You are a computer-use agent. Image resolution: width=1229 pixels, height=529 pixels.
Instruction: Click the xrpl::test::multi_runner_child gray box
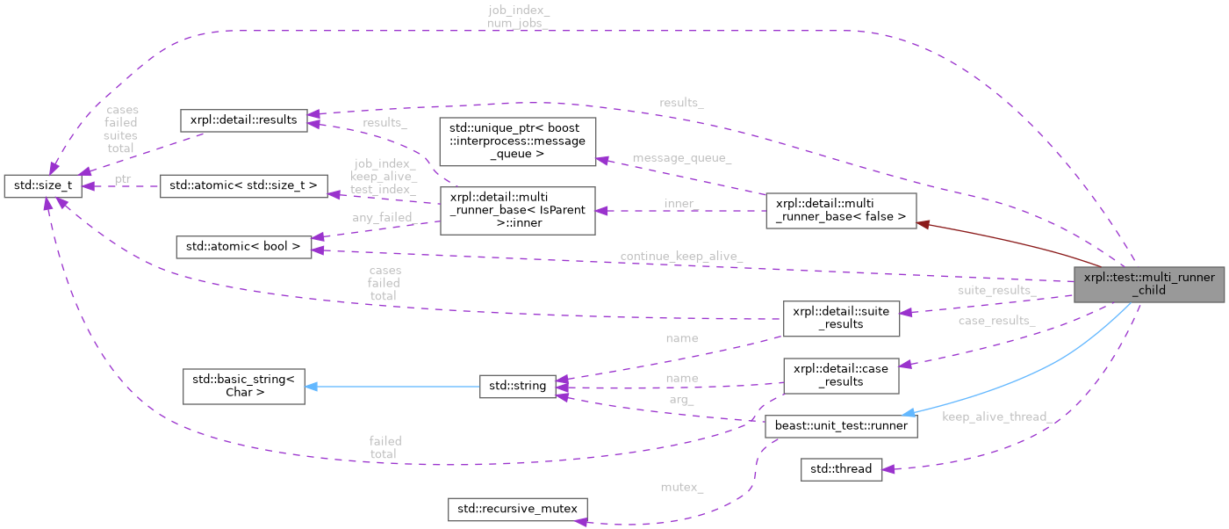click(1148, 284)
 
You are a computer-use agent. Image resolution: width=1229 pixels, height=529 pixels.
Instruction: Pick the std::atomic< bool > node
click(243, 247)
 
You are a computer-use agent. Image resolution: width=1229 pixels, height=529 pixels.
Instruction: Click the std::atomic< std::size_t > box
click(243, 185)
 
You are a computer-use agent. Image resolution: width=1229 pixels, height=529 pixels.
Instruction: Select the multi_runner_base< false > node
click(841, 211)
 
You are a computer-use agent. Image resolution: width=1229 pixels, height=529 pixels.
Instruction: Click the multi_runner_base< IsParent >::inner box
click(517, 210)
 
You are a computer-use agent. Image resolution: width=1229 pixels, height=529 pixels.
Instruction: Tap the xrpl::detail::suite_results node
click(841, 317)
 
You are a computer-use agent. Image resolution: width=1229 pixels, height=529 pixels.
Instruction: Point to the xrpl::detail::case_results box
click(841, 374)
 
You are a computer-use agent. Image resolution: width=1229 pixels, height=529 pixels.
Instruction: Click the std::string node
click(517, 386)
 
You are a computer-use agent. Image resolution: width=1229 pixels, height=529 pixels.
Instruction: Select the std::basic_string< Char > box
click(243, 386)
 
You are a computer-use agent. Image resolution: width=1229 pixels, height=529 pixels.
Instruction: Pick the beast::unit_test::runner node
click(841, 426)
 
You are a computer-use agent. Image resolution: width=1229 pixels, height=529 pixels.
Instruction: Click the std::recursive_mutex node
click(518, 508)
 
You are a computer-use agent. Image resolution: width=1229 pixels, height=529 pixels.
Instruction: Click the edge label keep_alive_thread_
click(996, 417)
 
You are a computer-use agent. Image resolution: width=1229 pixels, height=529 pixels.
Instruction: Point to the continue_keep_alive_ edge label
click(681, 257)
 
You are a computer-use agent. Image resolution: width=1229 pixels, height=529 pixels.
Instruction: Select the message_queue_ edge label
click(681, 157)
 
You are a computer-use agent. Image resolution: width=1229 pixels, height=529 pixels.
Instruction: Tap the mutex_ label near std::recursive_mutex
click(681, 485)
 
